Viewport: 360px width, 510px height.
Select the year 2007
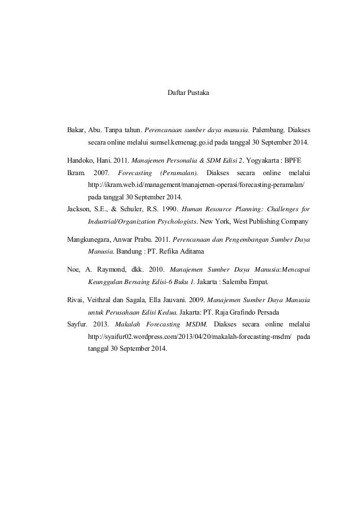101,172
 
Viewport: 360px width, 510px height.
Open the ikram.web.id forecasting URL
196,185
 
